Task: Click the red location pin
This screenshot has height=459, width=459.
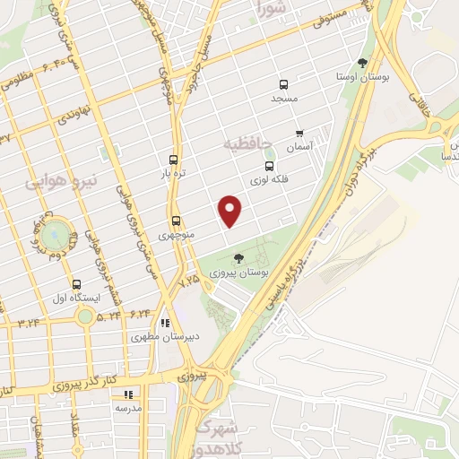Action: click(x=230, y=211)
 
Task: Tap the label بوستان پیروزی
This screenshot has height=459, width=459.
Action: click(x=237, y=271)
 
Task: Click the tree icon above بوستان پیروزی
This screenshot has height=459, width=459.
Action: click(x=237, y=258)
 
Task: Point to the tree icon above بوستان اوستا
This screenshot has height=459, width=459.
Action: click(x=362, y=63)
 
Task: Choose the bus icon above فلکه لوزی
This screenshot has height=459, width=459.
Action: click(x=268, y=166)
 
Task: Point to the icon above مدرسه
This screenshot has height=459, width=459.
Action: click(x=128, y=394)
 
